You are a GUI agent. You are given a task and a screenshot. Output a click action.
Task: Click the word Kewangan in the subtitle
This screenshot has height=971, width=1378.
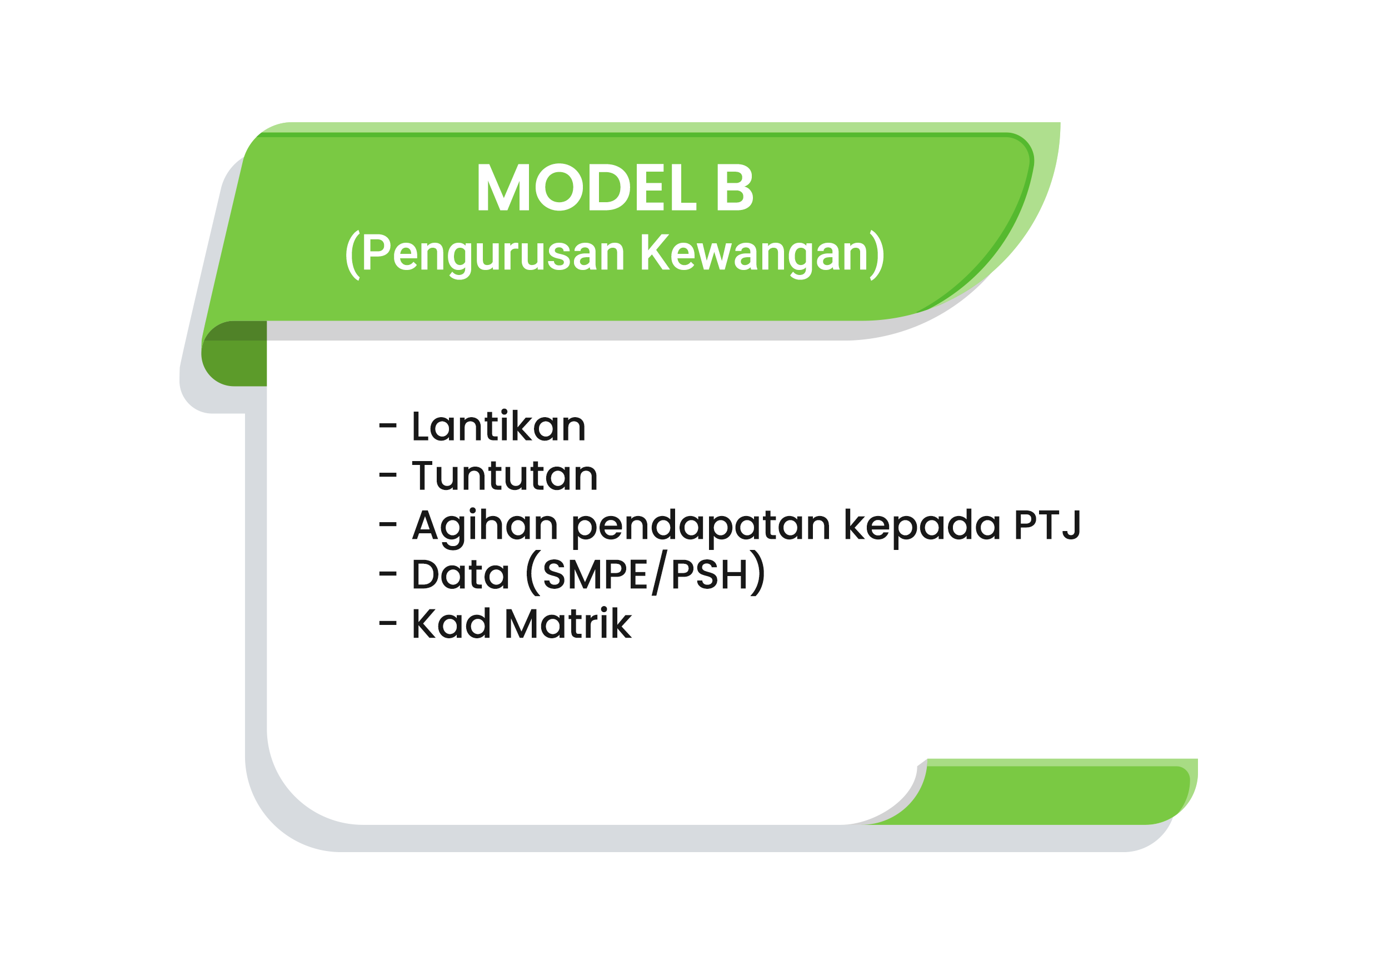[x=754, y=254]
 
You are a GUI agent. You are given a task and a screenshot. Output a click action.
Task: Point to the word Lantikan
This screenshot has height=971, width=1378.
[x=498, y=427]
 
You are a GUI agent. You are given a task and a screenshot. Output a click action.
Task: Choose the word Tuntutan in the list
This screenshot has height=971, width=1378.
[x=505, y=476]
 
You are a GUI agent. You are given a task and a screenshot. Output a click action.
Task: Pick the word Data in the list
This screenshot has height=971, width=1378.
[x=460, y=574]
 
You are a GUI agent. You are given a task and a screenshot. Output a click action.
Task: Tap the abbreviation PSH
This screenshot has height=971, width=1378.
[x=709, y=575]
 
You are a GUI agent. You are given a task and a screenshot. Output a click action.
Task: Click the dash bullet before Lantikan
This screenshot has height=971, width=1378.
[x=388, y=427]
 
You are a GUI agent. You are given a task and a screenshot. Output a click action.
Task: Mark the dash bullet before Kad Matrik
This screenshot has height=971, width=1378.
[x=388, y=623]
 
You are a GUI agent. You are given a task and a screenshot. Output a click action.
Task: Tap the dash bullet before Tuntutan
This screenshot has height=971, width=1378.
[x=388, y=476]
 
